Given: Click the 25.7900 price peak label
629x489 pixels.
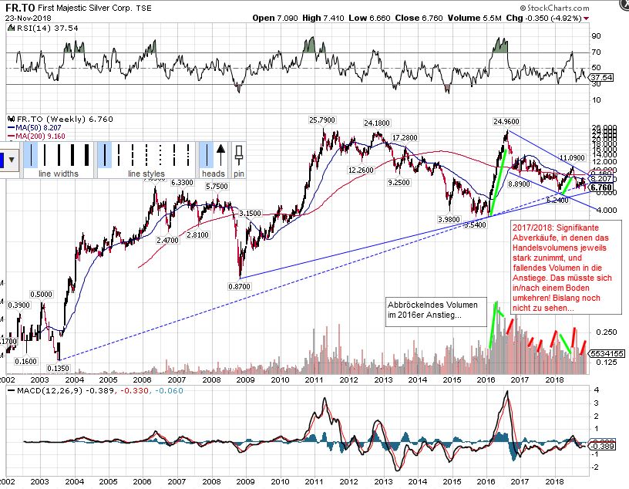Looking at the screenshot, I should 322,120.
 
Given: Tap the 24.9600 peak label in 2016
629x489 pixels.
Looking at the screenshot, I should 506,121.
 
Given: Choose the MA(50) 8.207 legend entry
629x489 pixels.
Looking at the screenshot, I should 35,128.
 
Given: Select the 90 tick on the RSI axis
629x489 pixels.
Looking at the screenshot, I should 596,36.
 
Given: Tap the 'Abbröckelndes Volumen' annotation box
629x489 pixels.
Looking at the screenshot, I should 437,311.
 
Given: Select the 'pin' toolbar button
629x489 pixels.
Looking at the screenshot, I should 239,174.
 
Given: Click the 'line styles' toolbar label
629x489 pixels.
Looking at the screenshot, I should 146,174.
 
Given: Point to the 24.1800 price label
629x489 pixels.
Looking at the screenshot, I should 377,122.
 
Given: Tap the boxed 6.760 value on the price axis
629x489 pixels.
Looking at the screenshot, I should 601,187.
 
